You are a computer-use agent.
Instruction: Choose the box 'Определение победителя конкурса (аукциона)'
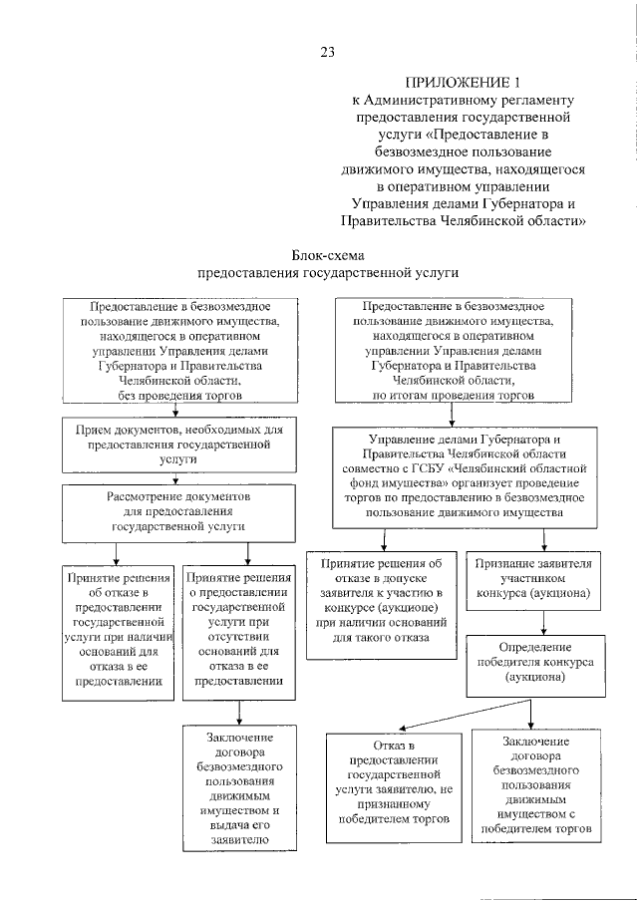[x=542, y=662]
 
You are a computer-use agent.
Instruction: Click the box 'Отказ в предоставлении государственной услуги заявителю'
[x=390, y=783]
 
